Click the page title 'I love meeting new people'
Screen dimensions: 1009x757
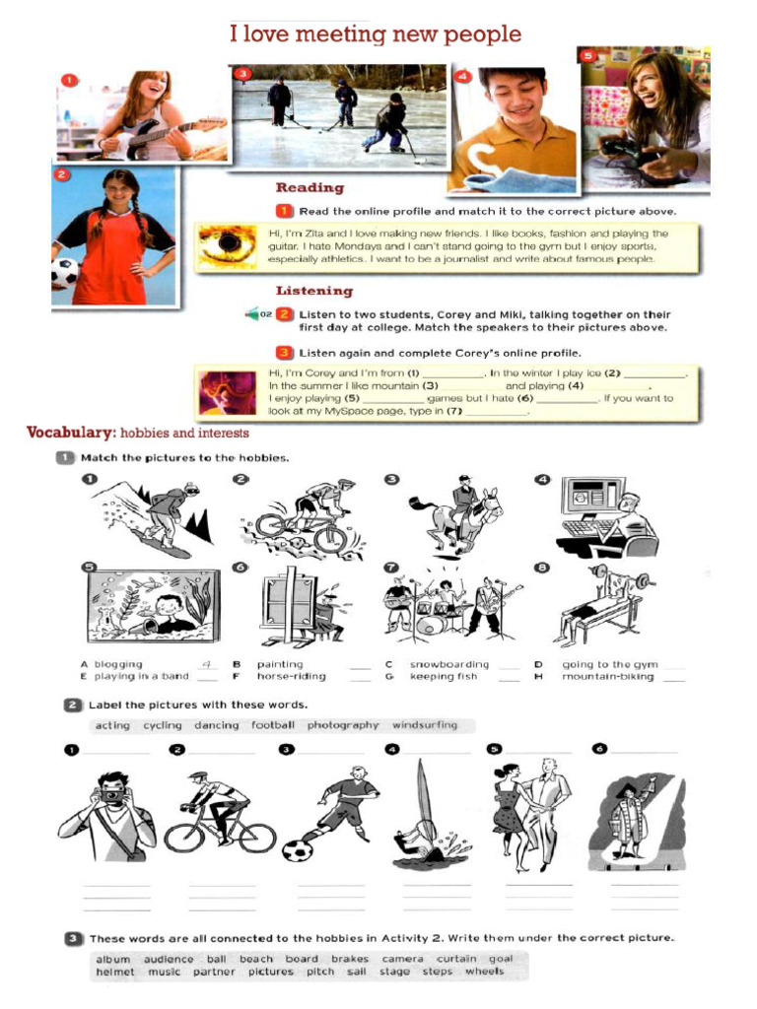[x=376, y=34]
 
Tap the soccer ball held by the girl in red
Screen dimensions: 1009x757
[x=64, y=273]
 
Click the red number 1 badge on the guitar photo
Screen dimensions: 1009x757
[x=68, y=80]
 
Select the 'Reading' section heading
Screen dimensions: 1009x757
[x=310, y=187]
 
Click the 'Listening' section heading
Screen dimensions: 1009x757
[x=313, y=291]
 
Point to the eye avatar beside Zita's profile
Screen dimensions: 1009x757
[x=227, y=247]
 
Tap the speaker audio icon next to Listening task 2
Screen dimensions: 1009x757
[x=254, y=314]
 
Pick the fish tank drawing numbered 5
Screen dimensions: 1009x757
[x=153, y=604]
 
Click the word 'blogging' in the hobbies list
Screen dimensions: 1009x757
[x=118, y=664]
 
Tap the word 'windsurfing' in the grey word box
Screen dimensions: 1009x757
[x=425, y=725]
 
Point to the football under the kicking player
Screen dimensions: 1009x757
[x=297, y=849]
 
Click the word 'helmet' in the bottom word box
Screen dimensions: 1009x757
[x=115, y=972]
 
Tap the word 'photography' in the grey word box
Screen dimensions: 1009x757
[x=342, y=725]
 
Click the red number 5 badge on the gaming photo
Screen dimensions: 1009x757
[x=588, y=56]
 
